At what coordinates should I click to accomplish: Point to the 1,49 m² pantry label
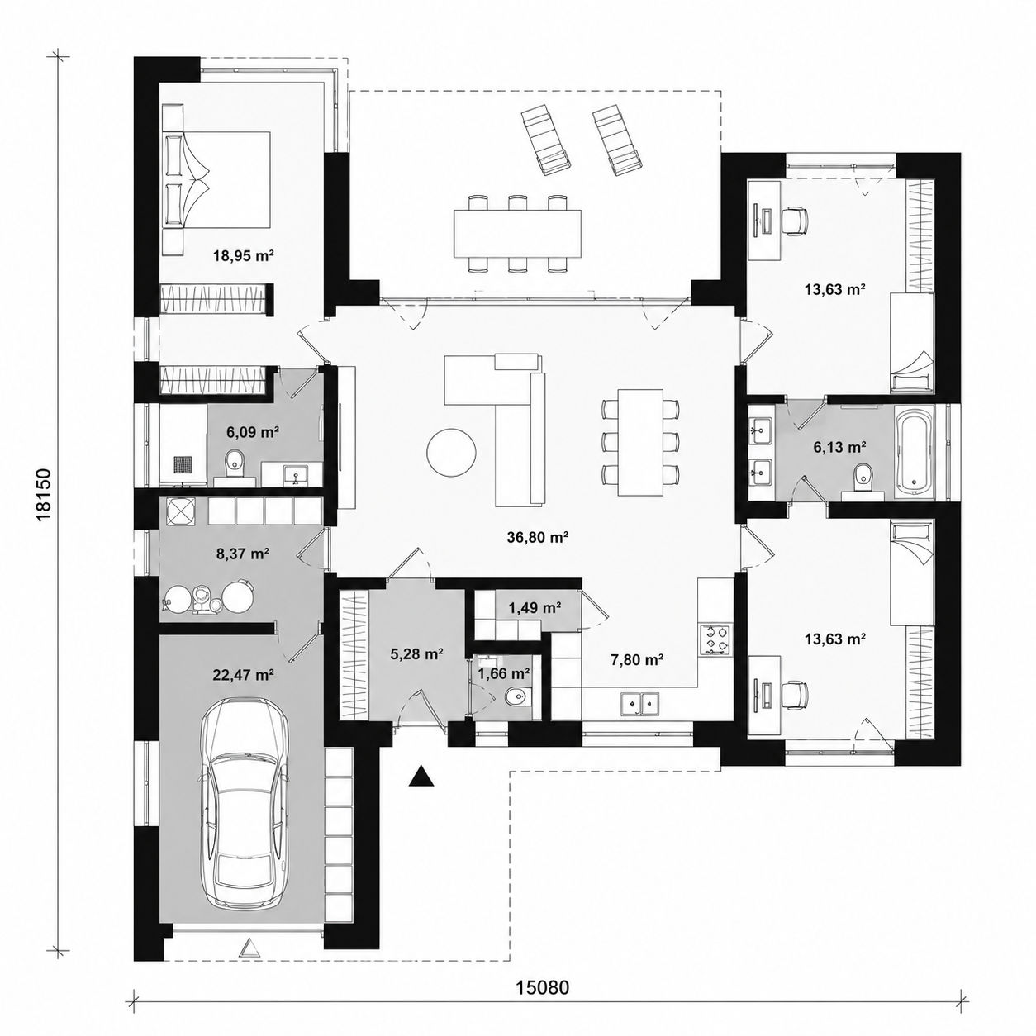click(535, 608)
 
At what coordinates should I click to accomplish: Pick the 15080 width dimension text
click(543, 957)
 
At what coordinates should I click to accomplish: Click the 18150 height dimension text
click(45, 495)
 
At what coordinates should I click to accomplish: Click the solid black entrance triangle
click(421, 777)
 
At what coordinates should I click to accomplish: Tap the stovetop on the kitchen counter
click(714, 639)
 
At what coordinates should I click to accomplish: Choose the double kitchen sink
click(639, 703)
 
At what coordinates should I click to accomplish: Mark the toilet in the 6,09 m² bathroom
click(235, 463)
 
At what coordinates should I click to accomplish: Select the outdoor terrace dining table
click(518, 233)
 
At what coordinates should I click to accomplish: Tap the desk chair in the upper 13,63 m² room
click(794, 221)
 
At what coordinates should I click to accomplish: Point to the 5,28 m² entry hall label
click(416, 653)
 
